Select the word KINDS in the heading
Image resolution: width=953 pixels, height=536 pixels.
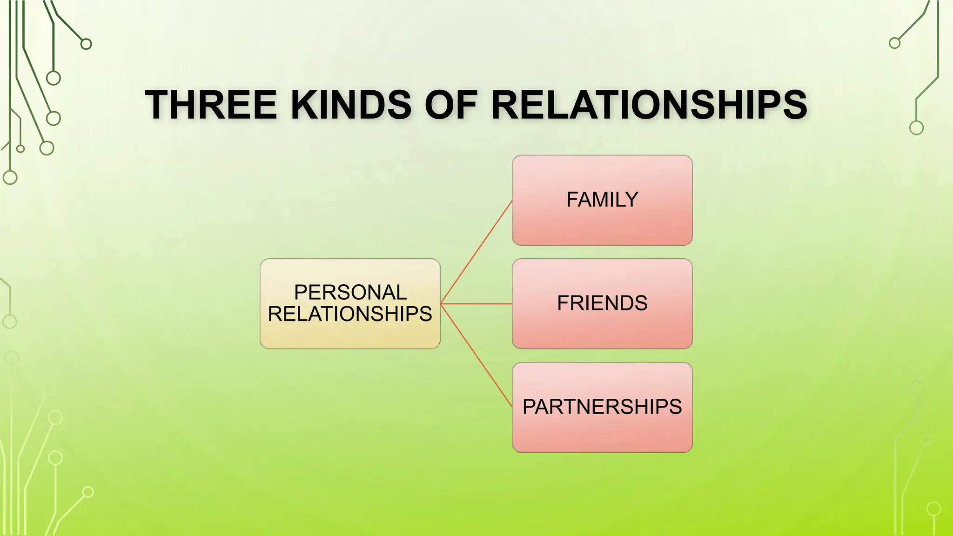pyautogui.click(x=351, y=105)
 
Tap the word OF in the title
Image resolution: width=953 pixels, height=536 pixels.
pyautogui.click(x=451, y=105)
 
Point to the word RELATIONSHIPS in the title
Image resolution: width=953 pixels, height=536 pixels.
pyautogui.click(x=649, y=105)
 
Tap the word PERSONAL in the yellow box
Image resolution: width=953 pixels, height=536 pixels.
pyautogui.click(x=350, y=293)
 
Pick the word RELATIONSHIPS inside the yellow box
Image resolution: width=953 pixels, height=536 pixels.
pyautogui.click(x=350, y=314)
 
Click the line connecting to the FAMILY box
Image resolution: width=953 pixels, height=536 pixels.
pyautogui.click(x=476, y=252)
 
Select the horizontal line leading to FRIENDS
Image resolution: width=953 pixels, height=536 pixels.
pyautogui.click(x=476, y=304)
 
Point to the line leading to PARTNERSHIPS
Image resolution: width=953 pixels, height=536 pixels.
pyautogui.click(x=476, y=355)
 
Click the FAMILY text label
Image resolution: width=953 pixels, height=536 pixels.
pyautogui.click(x=602, y=200)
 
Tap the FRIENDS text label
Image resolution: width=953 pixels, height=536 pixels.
pyautogui.click(x=602, y=303)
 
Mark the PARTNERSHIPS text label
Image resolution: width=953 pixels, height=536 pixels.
pyautogui.click(x=602, y=407)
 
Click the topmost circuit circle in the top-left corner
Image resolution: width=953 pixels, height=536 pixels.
pyautogui.click(x=86, y=44)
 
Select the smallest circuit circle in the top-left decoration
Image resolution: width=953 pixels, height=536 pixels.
pyautogui.click(x=20, y=149)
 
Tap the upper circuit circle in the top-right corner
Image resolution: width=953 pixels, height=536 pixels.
pyautogui.click(x=894, y=43)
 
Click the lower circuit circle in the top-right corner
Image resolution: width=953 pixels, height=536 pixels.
pyautogui.click(x=916, y=127)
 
